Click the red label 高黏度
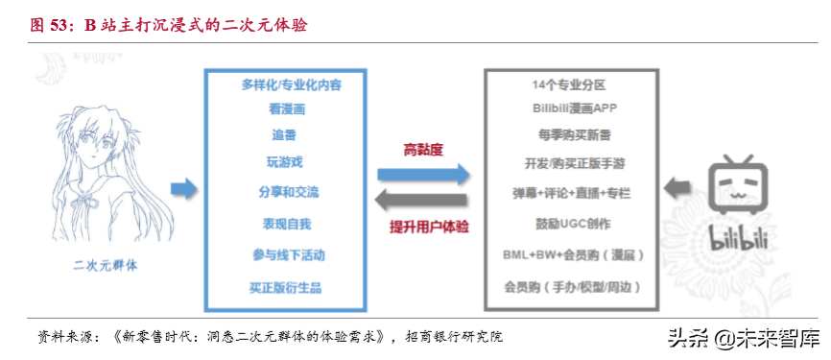point(422,149)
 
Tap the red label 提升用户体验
point(422,226)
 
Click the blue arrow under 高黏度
point(423,174)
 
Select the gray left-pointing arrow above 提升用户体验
point(423,201)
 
